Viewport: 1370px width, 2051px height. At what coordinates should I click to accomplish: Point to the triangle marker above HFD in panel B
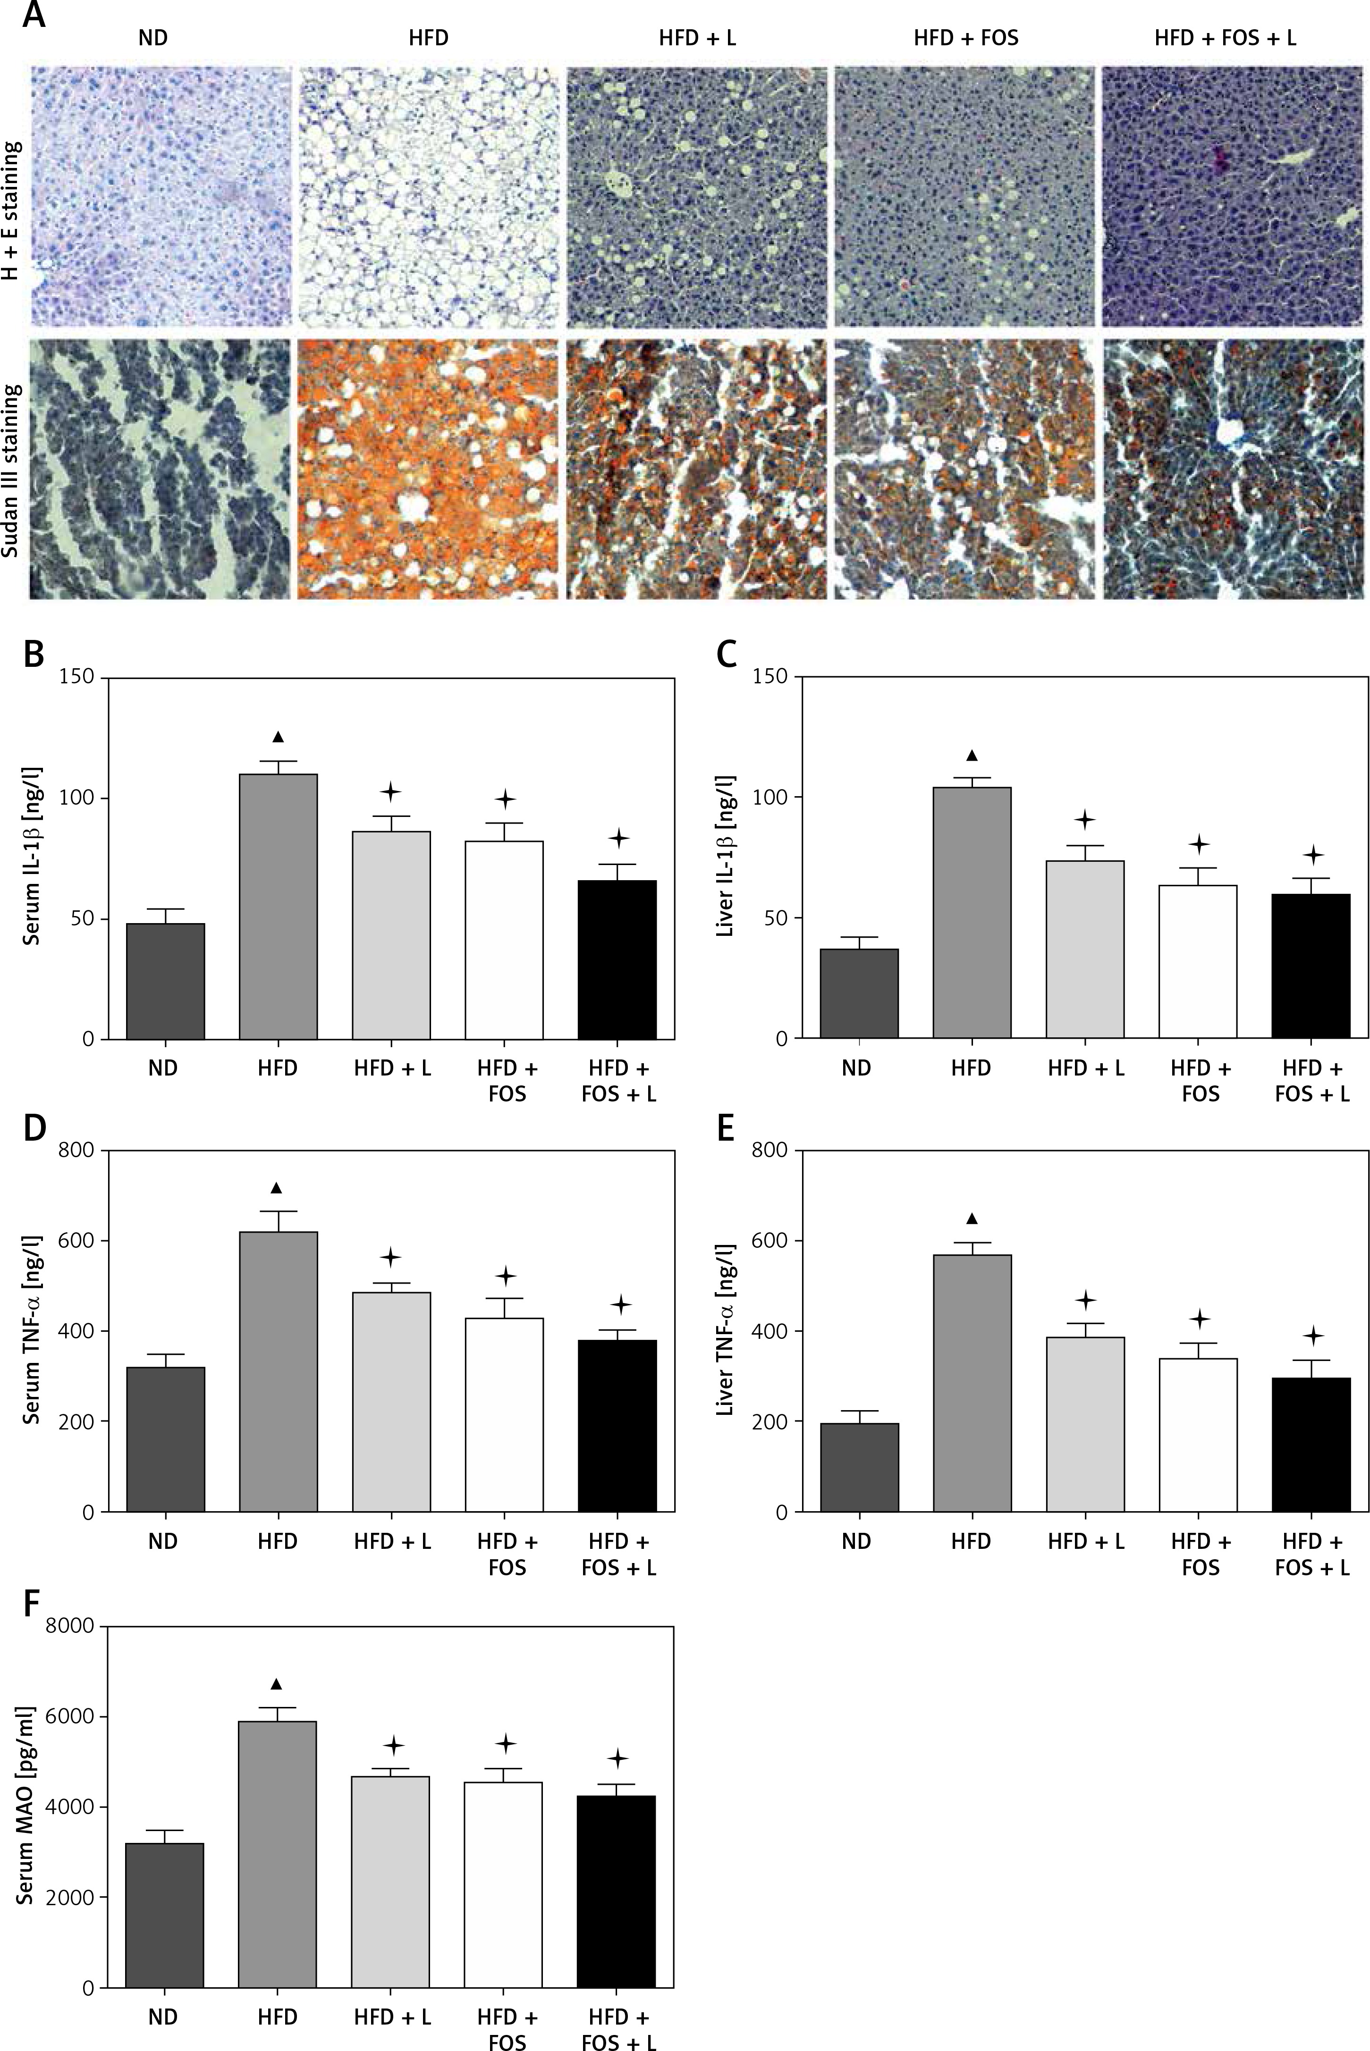pos(278,736)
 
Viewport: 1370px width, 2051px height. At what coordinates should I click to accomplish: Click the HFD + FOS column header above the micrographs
pos(965,38)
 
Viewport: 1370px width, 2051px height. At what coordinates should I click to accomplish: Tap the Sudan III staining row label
pos(12,472)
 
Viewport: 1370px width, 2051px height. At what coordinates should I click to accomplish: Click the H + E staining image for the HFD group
pos(428,196)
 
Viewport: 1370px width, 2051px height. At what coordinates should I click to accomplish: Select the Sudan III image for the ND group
pos(160,469)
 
